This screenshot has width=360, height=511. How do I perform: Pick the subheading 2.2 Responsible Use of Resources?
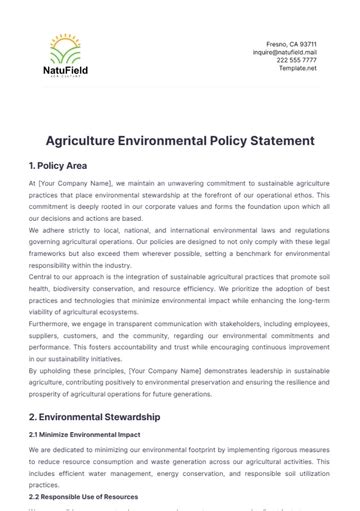(x=84, y=497)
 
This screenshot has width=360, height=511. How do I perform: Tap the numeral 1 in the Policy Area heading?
(x=33, y=165)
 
